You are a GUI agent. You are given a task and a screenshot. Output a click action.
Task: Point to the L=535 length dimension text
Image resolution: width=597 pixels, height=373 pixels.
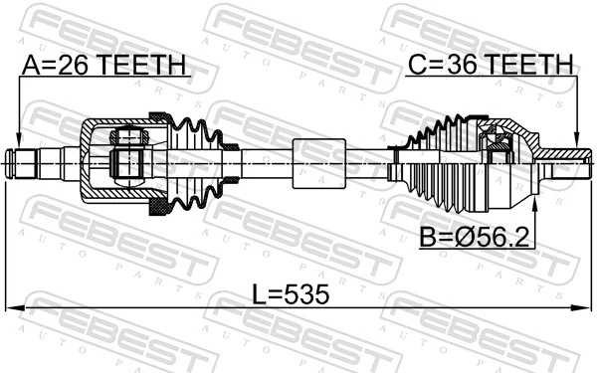coord(289,295)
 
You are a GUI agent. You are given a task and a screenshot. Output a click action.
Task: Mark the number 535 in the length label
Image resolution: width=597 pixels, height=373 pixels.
coord(304,295)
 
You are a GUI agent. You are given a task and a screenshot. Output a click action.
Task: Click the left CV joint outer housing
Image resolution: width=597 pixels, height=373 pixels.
coord(109,161)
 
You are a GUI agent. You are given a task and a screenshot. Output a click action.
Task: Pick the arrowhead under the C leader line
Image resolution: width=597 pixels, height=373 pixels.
coord(576,141)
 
